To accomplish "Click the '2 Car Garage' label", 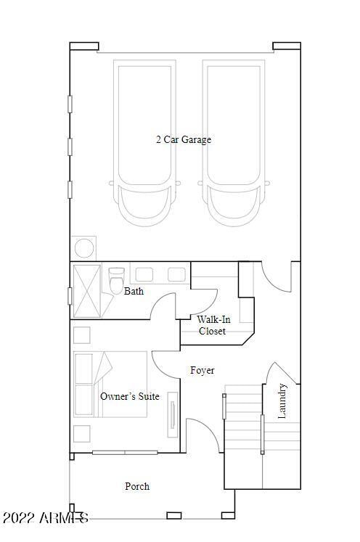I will pyautogui.click(x=184, y=139).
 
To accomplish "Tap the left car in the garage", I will pyautogui.click(x=142, y=145).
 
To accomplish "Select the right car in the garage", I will pyautogui.click(x=234, y=145).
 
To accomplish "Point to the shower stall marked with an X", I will pyautogui.click(x=89, y=291).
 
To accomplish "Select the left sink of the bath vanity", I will pyautogui.click(x=144, y=274).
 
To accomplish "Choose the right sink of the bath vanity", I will pyautogui.click(x=176, y=274).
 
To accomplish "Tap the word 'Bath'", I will pyautogui.click(x=134, y=292).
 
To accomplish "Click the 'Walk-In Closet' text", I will pyautogui.click(x=212, y=325).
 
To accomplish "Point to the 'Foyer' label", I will pyautogui.click(x=202, y=371).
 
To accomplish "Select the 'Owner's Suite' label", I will pyautogui.click(x=129, y=396).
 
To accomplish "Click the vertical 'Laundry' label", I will pyautogui.click(x=283, y=401).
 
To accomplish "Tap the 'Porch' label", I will pyautogui.click(x=137, y=486).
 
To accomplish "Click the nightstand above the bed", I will pyautogui.click(x=82, y=335).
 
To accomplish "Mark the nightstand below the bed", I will pyautogui.click(x=82, y=434).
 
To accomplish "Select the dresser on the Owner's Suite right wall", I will pyautogui.click(x=173, y=414).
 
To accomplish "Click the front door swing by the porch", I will pyautogui.click(x=202, y=435).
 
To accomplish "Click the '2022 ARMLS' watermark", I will pyautogui.click(x=45, y=519).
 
